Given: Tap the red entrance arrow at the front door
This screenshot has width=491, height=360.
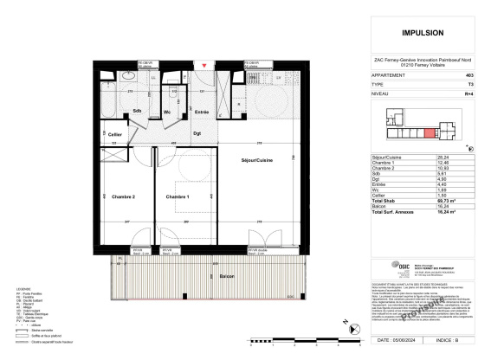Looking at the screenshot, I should click(x=204, y=65).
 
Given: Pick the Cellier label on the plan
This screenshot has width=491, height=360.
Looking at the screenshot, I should click(x=114, y=134).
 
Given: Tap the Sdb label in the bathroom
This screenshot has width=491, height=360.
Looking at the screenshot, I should click(x=138, y=112).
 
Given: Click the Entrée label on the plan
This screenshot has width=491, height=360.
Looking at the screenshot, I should click(x=201, y=112).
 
